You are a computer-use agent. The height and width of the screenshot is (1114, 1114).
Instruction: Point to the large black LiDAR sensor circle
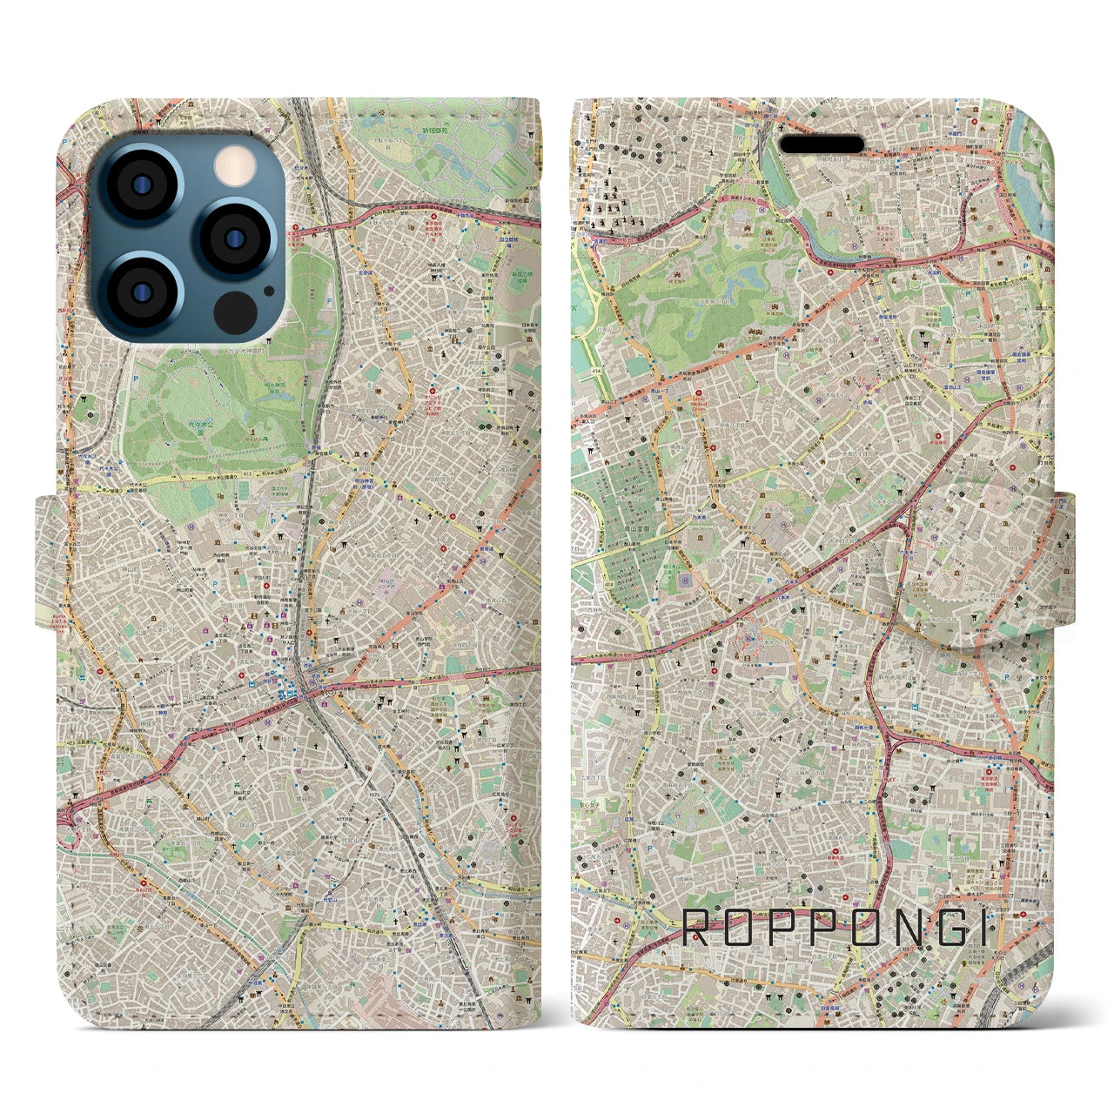pyautogui.click(x=235, y=311)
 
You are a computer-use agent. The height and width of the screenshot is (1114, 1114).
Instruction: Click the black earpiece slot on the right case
pyautogui.click(x=821, y=144)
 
